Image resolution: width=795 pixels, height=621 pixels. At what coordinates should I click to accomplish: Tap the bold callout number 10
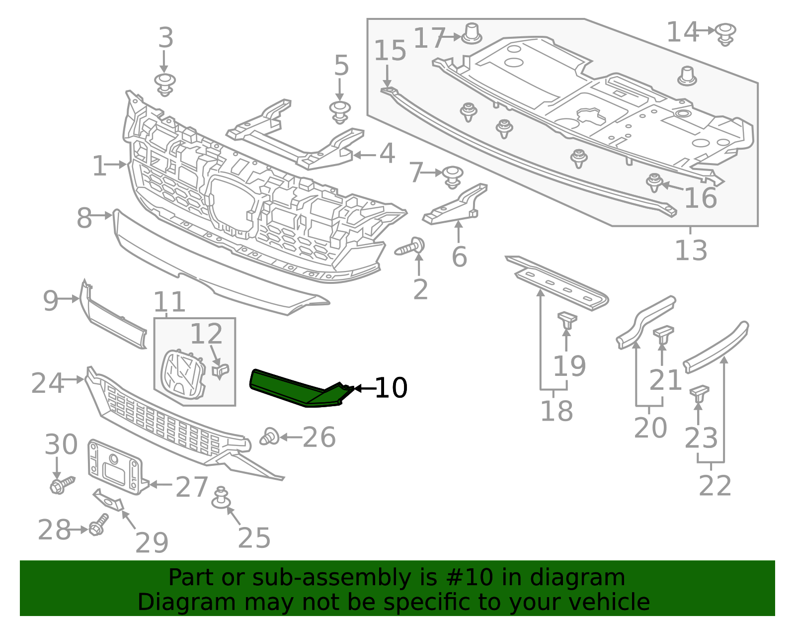pos(391,388)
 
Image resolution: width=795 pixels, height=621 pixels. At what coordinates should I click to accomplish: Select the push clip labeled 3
pos(164,85)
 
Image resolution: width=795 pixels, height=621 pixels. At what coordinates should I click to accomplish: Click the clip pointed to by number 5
pos(340,112)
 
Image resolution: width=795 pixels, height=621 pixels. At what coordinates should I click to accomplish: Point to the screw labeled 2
pos(410,247)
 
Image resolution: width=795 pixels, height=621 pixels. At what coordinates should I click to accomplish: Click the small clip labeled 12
pos(221,371)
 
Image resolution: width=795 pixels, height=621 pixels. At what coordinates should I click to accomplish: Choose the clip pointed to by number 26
pos(269,437)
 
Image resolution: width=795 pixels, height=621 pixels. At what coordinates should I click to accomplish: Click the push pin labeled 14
pos(726,34)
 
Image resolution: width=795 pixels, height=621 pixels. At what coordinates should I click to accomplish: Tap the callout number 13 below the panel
pos(691,251)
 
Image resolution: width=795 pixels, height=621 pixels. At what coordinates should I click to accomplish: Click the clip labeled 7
pos(452,177)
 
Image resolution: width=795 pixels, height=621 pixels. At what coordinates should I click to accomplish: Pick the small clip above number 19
pos(566,320)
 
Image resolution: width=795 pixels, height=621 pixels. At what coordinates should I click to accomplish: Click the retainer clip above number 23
pos(699,394)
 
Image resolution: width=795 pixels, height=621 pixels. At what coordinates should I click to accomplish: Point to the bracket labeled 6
pos(455,207)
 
